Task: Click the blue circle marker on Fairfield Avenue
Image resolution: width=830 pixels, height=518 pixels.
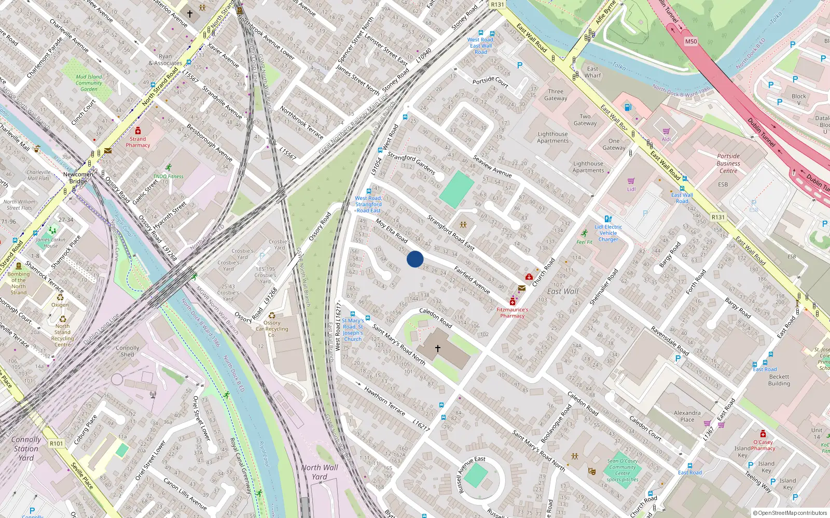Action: pyautogui.click(x=415, y=259)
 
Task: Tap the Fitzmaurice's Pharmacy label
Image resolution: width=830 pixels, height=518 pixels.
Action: pyautogui.click(x=512, y=312)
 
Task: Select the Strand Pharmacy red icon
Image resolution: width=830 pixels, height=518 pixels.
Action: pyautogui.click(x=138, y=131)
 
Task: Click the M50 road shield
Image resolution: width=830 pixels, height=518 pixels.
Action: pyautogui.click(x=691, y=41)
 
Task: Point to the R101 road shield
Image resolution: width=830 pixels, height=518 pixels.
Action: pyautogui.click(x=56, y=443)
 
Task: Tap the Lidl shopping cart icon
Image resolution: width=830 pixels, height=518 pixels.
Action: pyautogui.click(x=631, y=181)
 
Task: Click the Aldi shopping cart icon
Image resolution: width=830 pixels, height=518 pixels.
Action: pyautogui.click(x=666, y=132)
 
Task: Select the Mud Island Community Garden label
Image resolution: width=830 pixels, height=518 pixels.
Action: pyautogui.click(x=89, y=83)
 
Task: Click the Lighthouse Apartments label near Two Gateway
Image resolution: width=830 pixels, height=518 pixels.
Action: pyautogui.click(x=552, y=137)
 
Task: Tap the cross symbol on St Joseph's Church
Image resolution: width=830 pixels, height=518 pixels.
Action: pyautogui.click(x=438, y=349)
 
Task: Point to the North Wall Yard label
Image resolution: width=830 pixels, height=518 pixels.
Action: pyautogui.click(x=320, y=471)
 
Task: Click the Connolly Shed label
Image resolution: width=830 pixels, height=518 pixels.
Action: pyautogui.click(x=128, y=351)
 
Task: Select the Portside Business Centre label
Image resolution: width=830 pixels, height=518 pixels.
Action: pyautogui.click(x=728, y=163)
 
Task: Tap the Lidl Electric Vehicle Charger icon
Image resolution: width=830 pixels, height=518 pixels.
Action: pyautogui.click(x=608, y=219)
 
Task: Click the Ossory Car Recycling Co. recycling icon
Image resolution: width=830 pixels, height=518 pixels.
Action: pyautogui.click(x=272, y=315)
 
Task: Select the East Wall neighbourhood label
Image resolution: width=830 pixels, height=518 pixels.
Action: pyautogui.click(x=562, y=291)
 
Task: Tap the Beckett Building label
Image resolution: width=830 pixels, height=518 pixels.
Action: pyautogui.click(x=779, y=380)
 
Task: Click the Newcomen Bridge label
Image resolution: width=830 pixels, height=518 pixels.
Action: pyautogui.click(x=78, y=178)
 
